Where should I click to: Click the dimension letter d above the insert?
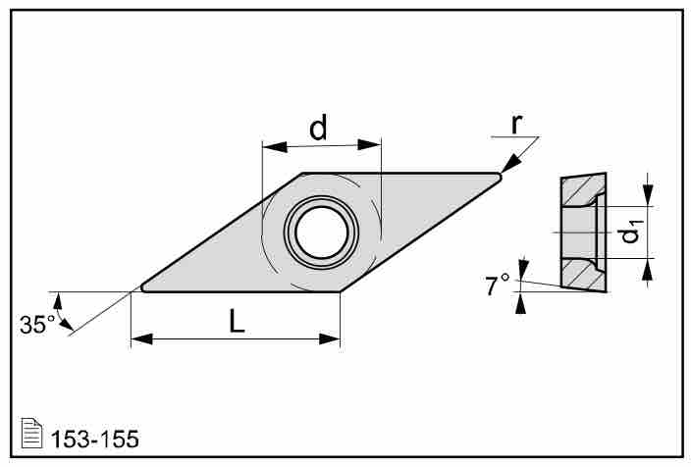318,128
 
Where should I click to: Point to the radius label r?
516,124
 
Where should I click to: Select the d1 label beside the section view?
631,232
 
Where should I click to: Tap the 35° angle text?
37,325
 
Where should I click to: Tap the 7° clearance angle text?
498,285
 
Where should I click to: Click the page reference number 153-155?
95,439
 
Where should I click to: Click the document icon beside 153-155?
31,433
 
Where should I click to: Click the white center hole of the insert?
321,233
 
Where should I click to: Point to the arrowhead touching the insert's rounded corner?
511,164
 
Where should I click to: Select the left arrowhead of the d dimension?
275,147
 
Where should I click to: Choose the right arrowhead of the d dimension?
369,145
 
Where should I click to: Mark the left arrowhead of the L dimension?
142,339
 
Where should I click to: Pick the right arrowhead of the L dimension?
330,339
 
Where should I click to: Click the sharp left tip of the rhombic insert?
141,288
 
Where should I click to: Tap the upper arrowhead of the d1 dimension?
648,195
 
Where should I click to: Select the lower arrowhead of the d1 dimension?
647,269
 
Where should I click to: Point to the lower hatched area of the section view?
583,274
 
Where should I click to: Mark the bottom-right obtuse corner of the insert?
340,291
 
